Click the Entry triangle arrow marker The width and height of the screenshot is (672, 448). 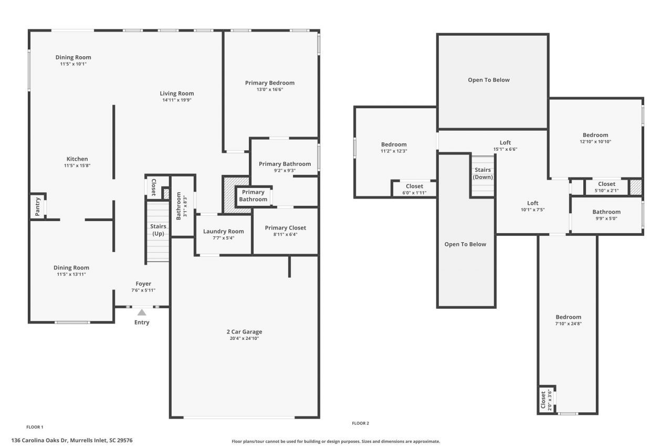coord(142,312)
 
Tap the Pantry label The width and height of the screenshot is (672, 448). coord(37,206)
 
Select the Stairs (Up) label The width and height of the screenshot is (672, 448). coord(159,230)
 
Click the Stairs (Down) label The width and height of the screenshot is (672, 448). coord(482,173)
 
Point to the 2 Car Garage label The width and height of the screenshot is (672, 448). coord(244,331)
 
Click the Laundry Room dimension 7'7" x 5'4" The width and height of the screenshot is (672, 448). coord(223,238)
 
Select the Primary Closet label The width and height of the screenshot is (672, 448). coord(285,227)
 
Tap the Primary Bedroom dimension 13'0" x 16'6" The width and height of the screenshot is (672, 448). coord(269,90)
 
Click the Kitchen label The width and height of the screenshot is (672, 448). coord(77,159)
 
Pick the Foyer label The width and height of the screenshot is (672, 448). coord(143,284)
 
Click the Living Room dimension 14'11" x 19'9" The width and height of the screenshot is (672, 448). coord(177,100)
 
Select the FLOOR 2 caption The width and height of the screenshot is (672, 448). coord(360,423)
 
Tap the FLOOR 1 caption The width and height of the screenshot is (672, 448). coord(35,427)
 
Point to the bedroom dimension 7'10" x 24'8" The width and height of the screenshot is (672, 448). coord(569,324)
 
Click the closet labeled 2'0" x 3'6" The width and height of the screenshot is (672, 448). coord(547,400)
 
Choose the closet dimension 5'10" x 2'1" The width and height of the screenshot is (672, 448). coord(606,190)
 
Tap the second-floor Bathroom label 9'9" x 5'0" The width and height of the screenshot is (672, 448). coord(606,212)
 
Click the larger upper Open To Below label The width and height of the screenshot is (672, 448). coord(489,80)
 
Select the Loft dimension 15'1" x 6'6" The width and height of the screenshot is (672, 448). coord(505,149)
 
